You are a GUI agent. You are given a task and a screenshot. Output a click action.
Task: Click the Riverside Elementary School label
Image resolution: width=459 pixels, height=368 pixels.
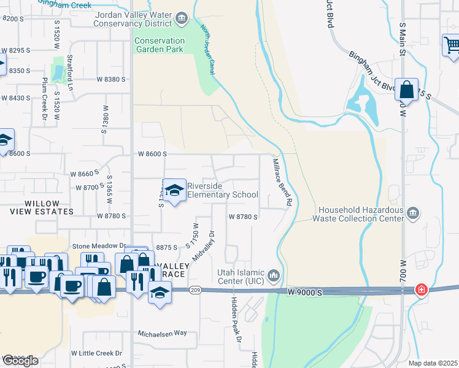[x=222, y=191]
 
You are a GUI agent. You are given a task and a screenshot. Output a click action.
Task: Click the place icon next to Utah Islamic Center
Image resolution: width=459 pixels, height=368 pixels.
[x=274, y=274]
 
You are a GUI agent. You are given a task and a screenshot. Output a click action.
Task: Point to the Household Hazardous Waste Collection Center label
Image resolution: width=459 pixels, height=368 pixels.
[x=358, y=213]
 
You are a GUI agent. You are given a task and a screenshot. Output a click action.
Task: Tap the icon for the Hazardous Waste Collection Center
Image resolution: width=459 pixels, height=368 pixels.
[x=414, y=213]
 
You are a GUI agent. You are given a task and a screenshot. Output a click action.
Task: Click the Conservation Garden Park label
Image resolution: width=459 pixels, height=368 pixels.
[x=159, y=45]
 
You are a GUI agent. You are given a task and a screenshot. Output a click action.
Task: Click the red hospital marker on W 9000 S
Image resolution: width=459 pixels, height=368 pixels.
[x=422, y=289]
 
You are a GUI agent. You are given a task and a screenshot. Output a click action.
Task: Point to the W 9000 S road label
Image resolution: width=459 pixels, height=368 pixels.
[x=305, y=294]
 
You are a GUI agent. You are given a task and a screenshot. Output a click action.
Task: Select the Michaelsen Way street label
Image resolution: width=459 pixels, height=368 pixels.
[x=162, y=333]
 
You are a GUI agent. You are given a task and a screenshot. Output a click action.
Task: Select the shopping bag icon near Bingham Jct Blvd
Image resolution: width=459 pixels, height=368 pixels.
[x=406, y=90]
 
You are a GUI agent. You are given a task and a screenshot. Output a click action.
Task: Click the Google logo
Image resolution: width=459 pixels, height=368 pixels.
[x=20, y=361]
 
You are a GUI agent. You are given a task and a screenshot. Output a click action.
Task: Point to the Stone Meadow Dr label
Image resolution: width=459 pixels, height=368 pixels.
[x=99, y=246]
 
